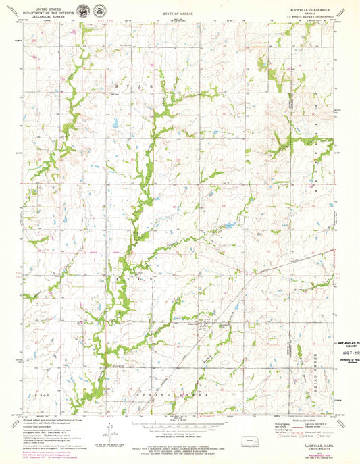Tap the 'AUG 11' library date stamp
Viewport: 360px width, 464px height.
[x=347, y=353]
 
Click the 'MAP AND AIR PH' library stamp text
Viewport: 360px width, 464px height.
[x=346, y=344]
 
